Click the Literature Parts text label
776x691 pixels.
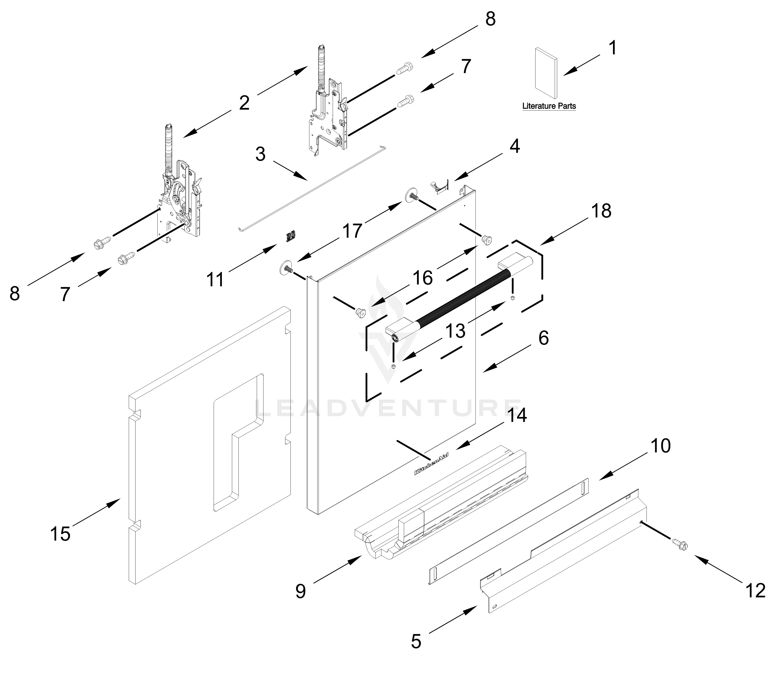click(549, 106)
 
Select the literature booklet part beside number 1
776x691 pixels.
click(546, 76)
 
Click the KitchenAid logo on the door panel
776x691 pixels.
click(431, 464)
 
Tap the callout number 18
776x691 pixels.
click(601, 211)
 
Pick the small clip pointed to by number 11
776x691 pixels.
click(290, 236)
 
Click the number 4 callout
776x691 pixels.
click(515, 146)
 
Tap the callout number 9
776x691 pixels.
click(300, 591)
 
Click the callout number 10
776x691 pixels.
click(661, 446)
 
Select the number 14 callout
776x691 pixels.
click(517, 415)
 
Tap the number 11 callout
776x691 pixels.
click(215, 280)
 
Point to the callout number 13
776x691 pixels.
click(455, 331)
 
